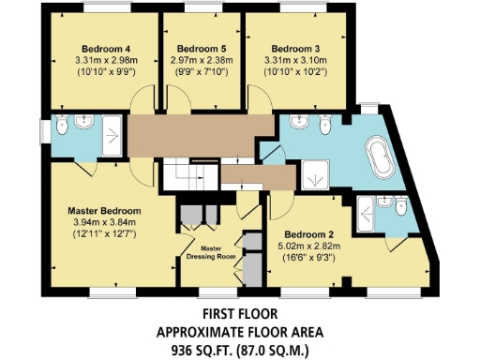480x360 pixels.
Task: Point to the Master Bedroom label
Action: coord(104,209)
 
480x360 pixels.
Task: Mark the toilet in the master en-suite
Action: coord(62,127)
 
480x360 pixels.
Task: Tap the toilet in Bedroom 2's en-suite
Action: coord(400,205)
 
